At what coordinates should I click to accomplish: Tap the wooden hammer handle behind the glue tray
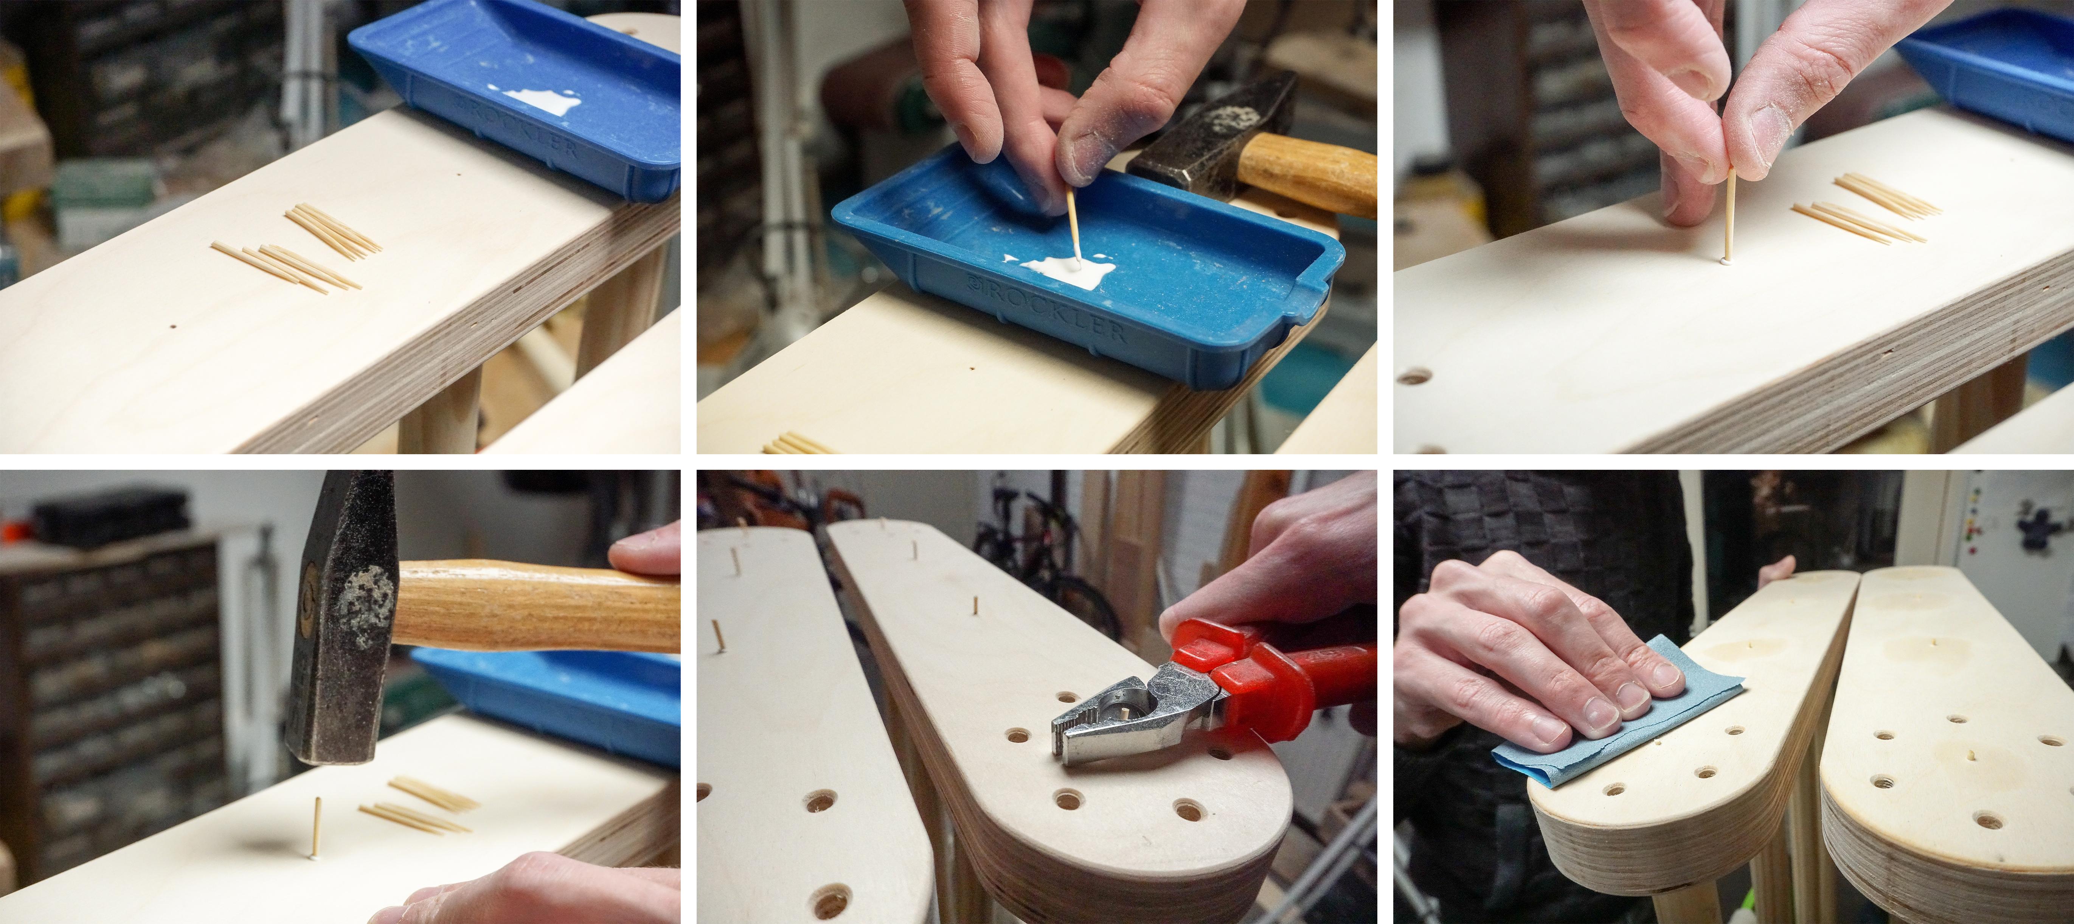[1304, 171]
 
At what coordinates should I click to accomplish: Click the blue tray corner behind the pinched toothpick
[1989, 73]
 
